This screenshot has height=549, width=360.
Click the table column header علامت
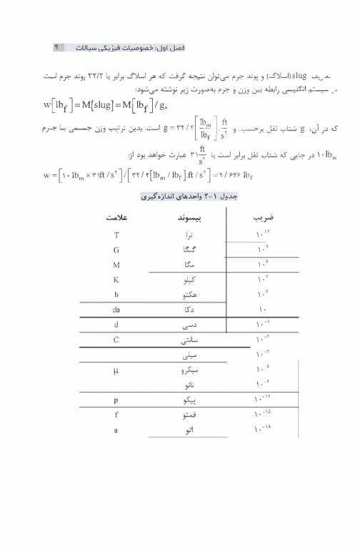tap(116, 216)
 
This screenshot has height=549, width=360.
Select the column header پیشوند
tap(188, 216)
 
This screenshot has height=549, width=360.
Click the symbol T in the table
tap(116, 234)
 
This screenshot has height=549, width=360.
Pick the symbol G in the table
tap(116, 249)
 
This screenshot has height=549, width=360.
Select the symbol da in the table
tap(116, 310)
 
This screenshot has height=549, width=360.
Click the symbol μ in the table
tap(116, 370)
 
